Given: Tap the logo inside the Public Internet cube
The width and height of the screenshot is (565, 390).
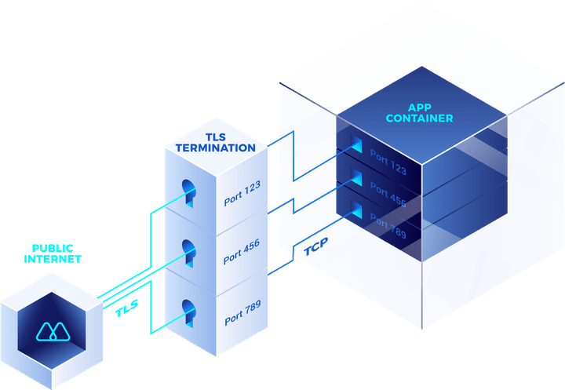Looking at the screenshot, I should point(53,332).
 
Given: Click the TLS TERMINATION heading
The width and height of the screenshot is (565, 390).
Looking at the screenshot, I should point(214,141).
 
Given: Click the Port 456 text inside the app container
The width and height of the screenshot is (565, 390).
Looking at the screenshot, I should point(388,194).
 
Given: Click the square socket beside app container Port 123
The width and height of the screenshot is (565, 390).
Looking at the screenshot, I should point(357,144).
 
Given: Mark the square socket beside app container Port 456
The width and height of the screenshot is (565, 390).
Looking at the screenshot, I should point(357,177).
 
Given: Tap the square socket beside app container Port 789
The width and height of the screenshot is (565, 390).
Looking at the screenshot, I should point(357,210).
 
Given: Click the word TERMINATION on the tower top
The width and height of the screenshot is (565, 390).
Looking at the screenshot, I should point(214,147).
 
